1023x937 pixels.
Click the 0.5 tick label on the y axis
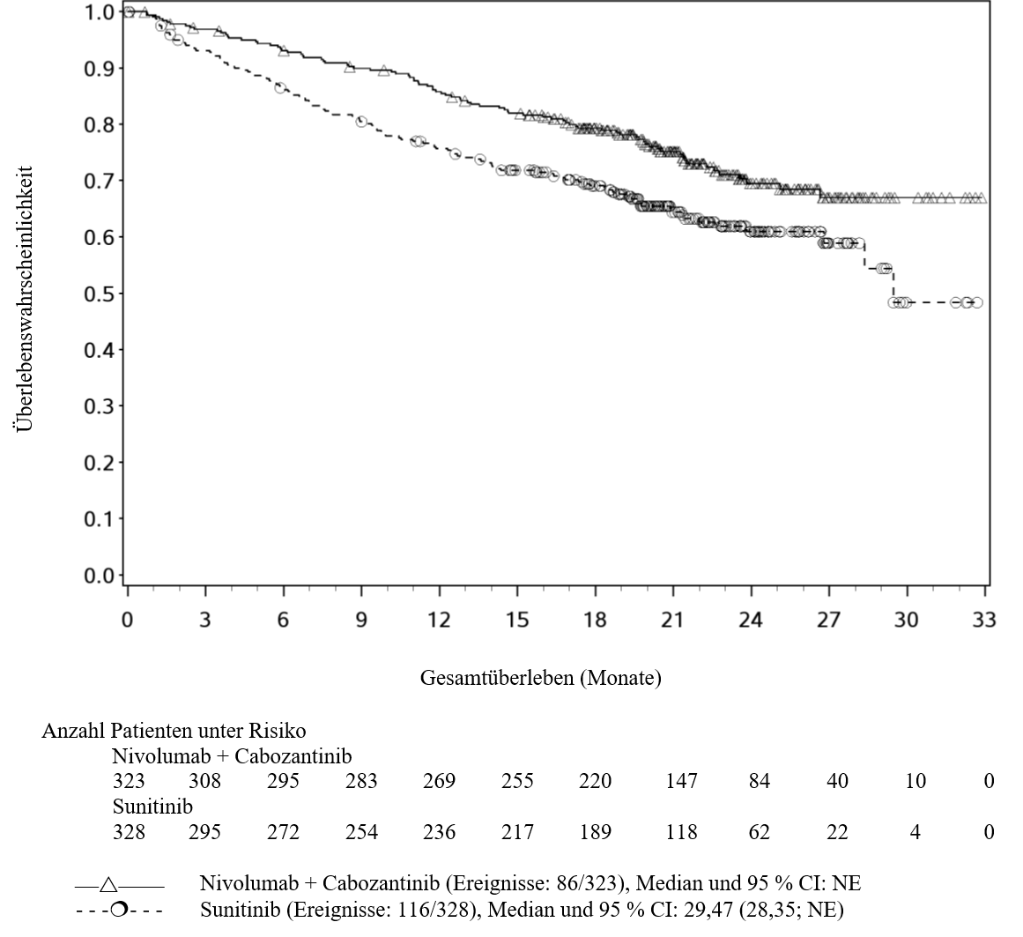click(x=100, y=294)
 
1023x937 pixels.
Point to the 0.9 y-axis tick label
click(x=100, y=69)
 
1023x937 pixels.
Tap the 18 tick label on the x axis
click(x=595, y=619)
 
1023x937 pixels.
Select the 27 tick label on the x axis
click(x=828, y=619)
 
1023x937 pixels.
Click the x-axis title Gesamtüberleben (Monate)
click(x=540, y=678)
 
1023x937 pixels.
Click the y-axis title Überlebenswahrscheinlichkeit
click(x=24, y=299)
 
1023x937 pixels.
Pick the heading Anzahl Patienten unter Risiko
click(x=174, y=730)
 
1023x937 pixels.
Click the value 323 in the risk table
click(x=129, y=780)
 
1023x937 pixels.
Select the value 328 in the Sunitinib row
click(x=129, y=832)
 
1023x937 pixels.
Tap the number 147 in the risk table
click(x=681, y=780)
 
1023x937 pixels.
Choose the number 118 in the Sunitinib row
click(x=681, y=832)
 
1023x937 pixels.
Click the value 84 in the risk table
click(x=760, y=780)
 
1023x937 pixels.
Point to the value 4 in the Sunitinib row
click(x=916, y=832)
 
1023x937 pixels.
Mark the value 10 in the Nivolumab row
click(x=916, y=780)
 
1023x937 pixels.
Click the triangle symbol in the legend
click(x=109, y=885)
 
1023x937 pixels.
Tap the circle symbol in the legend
click(x=119, y=908)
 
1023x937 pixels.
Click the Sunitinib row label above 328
click(x=152, y=807)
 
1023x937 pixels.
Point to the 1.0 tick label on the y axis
click(x=100, y=11)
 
